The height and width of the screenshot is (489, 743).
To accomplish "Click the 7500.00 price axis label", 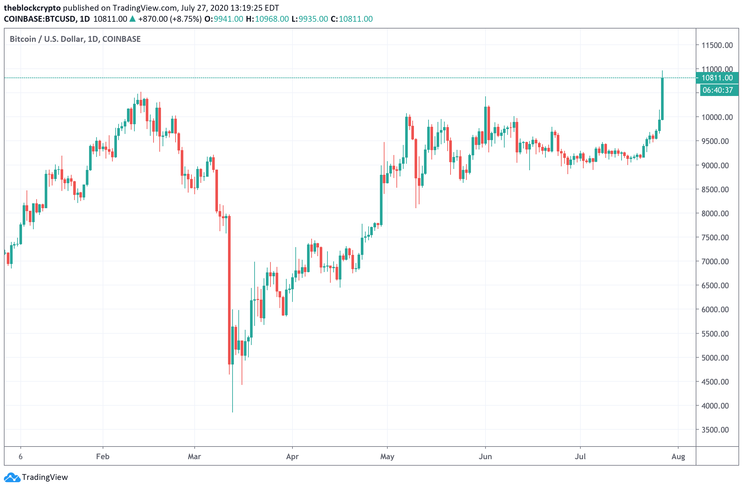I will tap(717, 237).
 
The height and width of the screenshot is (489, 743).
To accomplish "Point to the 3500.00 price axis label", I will tap(717, 430).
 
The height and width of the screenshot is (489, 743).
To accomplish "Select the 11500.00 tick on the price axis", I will tap(717, 45).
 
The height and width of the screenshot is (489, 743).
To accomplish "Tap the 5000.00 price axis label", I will tap(717, 358).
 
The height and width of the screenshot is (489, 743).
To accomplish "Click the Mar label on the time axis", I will tap(194, 457).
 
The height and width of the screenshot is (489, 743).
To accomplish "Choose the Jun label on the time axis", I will tap(485, 457).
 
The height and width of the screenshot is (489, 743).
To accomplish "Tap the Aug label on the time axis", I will tap(678, 457).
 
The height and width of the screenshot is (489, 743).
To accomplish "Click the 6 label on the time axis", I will tap(21, 457).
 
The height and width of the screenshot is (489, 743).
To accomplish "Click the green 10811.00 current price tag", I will tap(717, 78).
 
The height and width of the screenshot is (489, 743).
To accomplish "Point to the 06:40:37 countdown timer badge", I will tap(717, 90).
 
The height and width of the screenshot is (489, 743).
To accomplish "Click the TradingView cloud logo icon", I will tap(12, 477).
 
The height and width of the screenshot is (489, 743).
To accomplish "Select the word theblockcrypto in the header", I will tap(32, 8).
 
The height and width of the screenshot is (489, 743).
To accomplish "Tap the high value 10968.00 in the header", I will tap(271, 19).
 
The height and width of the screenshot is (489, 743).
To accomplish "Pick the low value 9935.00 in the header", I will tap(313, 19).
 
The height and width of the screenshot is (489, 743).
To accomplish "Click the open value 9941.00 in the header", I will tap(228, 19).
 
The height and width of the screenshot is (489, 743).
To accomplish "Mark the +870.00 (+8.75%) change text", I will tap(170, 19).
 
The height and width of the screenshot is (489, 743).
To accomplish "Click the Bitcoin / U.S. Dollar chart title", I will tap(75, 39).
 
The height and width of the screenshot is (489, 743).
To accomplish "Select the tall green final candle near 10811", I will tap(662, 99).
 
